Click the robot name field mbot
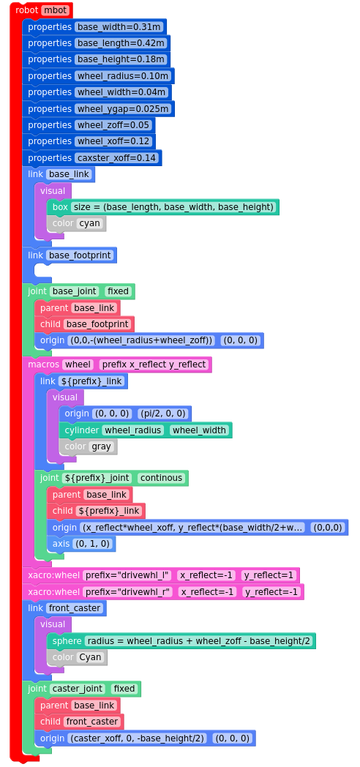(x=56, y=10)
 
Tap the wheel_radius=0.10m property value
(x=123, y=76)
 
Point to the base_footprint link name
(x=80, y=255)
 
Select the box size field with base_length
(x=173, y=207)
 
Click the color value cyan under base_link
(x=89, y=223)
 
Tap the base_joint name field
(x=75, y=291)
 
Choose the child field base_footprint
(x=97, y=324)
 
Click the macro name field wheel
(x=78, y=364)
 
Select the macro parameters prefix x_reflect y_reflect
(x=154, y=364)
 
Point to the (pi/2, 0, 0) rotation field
(x=162, y=414)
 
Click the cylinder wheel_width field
(x=199, y=430)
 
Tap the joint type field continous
(x=161, y=478)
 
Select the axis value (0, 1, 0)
(x=92, y=544)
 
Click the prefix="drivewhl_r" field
(x=127, y=592)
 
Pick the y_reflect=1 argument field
(x=269, y=575)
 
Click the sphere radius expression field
(x=198, y=641)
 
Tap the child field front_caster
(x=92, y=722)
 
